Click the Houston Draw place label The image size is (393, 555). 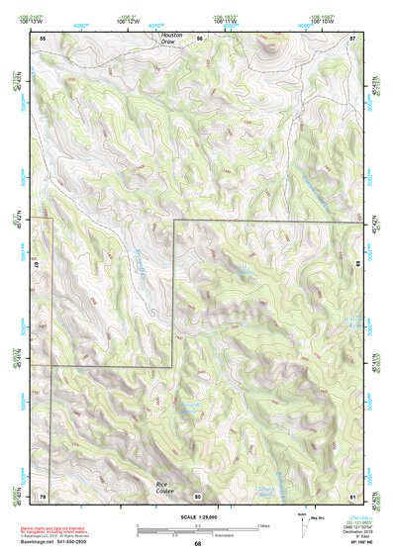click(x=173, y=39)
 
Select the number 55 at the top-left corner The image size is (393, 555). click(x=43, y=37)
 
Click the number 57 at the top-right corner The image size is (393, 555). click(x=353, y=37)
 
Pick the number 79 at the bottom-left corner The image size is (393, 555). click(x=43, y=495)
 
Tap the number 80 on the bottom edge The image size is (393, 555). click(x=198, y=495)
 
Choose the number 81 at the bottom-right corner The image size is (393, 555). click(x=353, y=495)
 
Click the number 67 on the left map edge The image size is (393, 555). click(x=35, y=266)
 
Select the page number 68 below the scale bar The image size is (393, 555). click(x=197, y=543)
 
